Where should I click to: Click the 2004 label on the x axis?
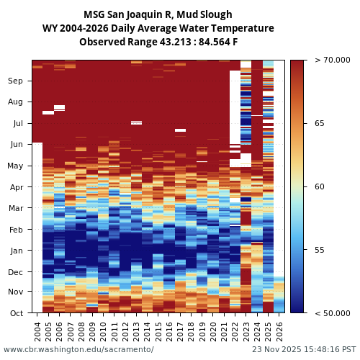coord(37,330)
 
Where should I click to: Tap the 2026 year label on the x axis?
coord(279,330)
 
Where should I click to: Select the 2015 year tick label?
coord(158,330)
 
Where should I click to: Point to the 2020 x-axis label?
coord(213,330)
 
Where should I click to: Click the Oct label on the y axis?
coord(16,313)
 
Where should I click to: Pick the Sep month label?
coord(16,81)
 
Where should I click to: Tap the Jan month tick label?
coord(16,251)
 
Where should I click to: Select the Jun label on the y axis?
coord(16,145)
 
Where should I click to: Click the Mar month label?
coord(16,208)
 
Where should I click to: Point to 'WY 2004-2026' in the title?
coord(75,28)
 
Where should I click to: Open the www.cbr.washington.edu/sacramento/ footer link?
coord(78,349)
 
